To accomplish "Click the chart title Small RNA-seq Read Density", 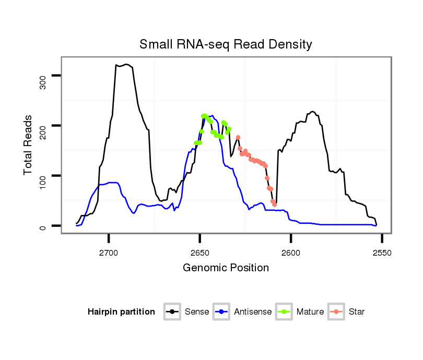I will pyautogui.click(x=226, y=44).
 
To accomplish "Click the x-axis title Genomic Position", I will pyautogui.click(x=226, y=268).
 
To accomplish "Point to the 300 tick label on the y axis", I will pyautogui.click(x=43, y=76).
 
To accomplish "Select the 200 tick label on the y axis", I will pyautogui.click(x=43, y=126).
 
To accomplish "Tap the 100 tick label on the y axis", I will pyautogui.click(x=43, y=176).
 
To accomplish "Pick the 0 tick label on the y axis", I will pyautogui.click(x=43, y=226).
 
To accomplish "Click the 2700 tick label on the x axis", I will pyautogui.click(x=109, y=253).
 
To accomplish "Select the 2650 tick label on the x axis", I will pyautogui.click(x=200, y=253).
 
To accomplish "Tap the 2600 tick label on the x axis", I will pyautogui.click(x=291, y=253).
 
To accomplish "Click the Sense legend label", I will pyautogui.click(x=197, y=312).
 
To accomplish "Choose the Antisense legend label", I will pyautogui.click(x=253, y=312).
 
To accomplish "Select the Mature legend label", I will pyautogui.click(x=310, y=312).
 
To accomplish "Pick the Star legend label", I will pyautogui.click(x=357, y=312).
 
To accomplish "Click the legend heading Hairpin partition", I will pyautogui.click(x=121, y=312).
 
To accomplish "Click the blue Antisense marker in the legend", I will pyautogui.click(x=222, y=312).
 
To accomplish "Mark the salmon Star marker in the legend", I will pyautogui.click(x=337, y=312).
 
